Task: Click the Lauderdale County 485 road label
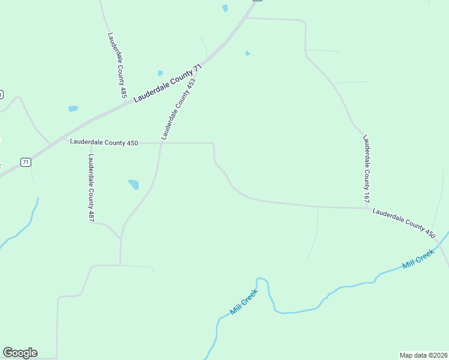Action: pos(118,65)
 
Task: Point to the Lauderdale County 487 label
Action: pos(91,188)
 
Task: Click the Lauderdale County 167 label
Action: pos(366,168)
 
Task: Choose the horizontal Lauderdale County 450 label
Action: pos(104,143)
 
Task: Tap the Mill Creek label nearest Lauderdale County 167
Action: pos(418,259)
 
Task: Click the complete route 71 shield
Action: pos(25,162)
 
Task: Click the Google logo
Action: pos(20,353)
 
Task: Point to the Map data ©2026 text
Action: pos(423,355)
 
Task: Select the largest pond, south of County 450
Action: pos(133,184)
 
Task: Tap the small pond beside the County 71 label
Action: pos(160,73)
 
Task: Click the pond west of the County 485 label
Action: pos(73,109)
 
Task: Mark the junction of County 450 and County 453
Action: pos(161,143)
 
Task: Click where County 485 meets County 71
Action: pos(125,102)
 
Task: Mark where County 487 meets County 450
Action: pos(91,143)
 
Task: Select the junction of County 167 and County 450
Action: pos(367,208)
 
